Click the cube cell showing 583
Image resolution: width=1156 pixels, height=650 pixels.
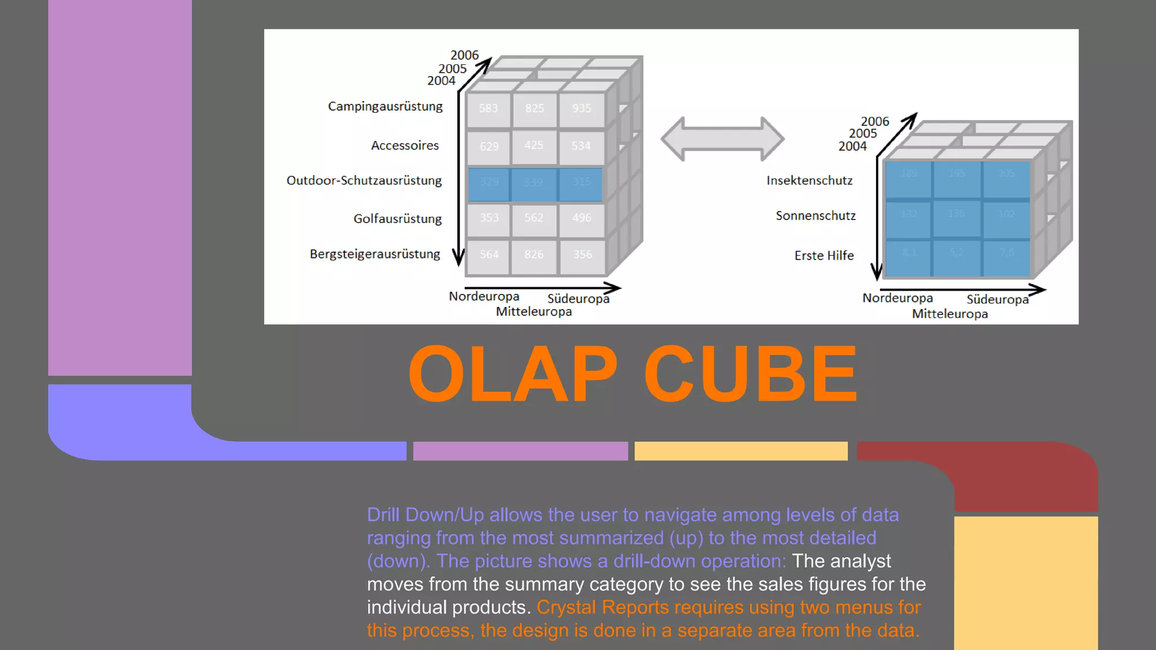click(488, 108)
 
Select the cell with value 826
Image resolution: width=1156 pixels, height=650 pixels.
click(533, 254)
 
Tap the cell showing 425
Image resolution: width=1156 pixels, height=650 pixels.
click(533, 146)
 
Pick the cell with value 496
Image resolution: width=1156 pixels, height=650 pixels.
click(581, 218)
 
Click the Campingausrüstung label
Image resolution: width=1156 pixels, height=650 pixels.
click(385, 106)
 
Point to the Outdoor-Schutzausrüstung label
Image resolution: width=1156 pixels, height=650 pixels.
click(364, 181)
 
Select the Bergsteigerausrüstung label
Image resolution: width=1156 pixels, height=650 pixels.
click(375, 254)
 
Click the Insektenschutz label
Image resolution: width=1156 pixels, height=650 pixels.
click(809, 181)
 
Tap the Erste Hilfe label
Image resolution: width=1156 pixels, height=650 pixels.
click(824, 256)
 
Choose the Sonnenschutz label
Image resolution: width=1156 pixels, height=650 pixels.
click(816, 216)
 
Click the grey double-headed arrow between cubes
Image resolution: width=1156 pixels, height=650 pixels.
click(722, 139)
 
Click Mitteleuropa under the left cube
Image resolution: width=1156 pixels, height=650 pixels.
click(533, 311)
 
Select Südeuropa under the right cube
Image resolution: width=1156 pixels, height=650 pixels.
click(997, 300)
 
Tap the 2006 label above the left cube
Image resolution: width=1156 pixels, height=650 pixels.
click(464, 55)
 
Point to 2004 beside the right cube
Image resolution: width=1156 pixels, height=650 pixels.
click(852, 146)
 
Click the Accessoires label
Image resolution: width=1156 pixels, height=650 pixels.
click(405, 146)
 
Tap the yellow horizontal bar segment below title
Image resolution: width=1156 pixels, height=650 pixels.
click(741, 451)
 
